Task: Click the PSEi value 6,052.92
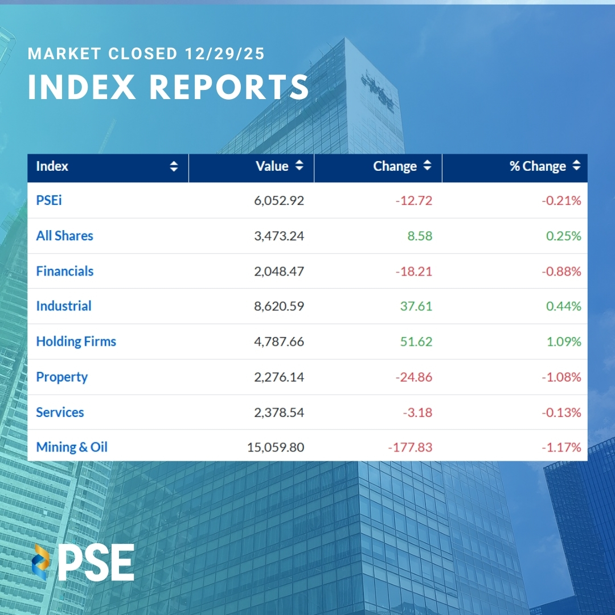click(x=279, y=200)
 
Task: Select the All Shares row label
click(x=64, y=236)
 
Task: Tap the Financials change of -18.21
click(x=413, y=271)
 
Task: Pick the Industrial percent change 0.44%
click(x=563, y=306)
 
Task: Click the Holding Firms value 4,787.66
click(x=279, y=342)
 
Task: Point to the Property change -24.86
click(x=413, y=377)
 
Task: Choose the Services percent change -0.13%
click(x=561, y=412)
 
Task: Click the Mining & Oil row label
click(x=72, y=447)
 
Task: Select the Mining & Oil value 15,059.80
click(x=276, y=448)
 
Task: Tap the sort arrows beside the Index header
click(x=174, y=166)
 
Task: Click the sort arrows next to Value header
click(x=300, y=166)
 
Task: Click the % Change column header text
click(x=538, y=166)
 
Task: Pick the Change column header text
click(x=395, y=166)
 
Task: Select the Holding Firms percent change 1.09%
click(x=563, y=342)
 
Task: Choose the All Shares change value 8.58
click(x=420, y=236)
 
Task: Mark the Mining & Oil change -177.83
click(x=410, y=448)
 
